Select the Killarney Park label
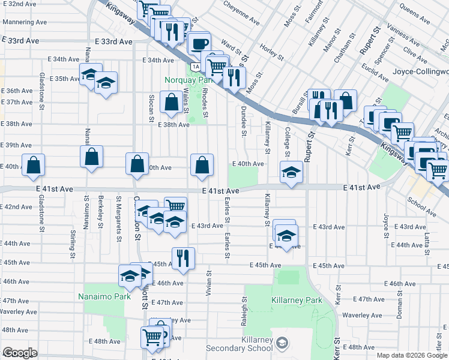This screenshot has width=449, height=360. point(297,300)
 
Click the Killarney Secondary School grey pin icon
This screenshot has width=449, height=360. point(282,343)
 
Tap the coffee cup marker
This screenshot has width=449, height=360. point(199,44)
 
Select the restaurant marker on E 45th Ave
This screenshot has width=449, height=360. point(183,258)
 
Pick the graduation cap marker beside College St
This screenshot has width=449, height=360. point(291,172)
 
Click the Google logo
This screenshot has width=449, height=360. point(20,353)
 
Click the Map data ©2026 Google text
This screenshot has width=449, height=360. point(412,355)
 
